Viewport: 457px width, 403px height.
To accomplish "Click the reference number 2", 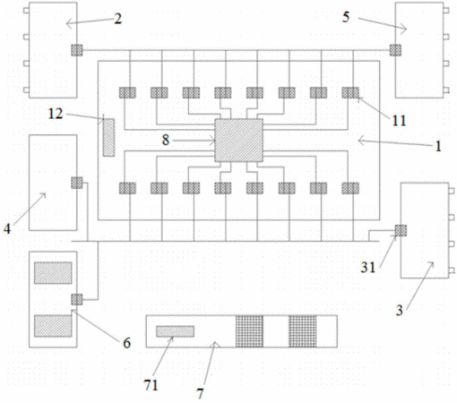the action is (x=118, y=19).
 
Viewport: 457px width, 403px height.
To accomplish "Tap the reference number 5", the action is (x=346, y=17).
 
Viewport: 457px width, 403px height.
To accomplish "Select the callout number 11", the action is (x=399, y=121).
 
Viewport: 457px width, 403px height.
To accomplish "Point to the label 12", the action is (x=56, y=114).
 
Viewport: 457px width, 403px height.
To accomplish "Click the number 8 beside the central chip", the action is (x=166, y=140).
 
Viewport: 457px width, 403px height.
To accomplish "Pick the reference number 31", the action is (x=367, y=267).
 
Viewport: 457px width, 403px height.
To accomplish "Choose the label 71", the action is (x=151, y=385).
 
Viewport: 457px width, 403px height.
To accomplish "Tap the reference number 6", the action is (x=127, y=343).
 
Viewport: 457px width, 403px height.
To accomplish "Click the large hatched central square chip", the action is (x=238, y=141).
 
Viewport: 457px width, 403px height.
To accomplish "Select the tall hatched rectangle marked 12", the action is (x=108, y=137).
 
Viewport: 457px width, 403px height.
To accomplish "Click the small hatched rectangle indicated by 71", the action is (x=175, y=331).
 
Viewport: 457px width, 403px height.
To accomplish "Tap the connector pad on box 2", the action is (x=77, y=50).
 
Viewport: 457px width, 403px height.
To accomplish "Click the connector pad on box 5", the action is (x=395, y=50).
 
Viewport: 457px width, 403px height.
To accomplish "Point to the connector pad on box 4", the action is (x=77, y=183).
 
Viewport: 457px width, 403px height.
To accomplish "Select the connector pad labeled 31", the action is (x=401, y=230).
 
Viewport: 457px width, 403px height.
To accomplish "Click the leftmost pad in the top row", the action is (x=127, y=92).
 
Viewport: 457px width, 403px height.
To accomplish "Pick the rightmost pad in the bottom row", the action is (x=350, y=188).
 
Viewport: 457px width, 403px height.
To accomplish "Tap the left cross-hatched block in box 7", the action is (x=249, y=331).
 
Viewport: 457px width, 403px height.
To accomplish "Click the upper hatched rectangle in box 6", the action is (x=53, y=273).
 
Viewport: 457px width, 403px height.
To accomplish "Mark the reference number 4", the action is (x=7, y=229).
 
